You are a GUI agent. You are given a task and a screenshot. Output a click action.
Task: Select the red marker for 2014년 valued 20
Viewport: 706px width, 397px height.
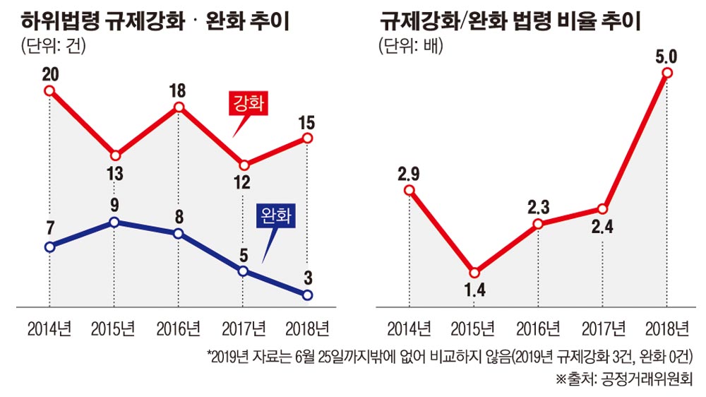pyautogui.click(x=49, y=90)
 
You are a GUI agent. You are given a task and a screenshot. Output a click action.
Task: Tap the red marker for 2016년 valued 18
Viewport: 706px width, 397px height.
pyautogui.click(x=179, y=107)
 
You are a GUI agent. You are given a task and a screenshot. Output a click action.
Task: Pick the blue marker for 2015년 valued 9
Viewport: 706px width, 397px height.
pyautogui.click(x=114, y=223)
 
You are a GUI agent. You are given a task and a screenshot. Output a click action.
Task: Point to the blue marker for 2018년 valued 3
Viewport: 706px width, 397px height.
pyautogui.click(x=307, y=295)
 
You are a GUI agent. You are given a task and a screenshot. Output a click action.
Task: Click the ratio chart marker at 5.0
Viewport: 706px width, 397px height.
pyautogui.click(x=666, y=73)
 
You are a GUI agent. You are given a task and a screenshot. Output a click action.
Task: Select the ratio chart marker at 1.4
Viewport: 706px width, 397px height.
pyautogui.click(x=474, y=273)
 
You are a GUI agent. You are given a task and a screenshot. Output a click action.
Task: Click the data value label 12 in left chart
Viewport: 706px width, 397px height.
pyautogui.click(x=242, y=182)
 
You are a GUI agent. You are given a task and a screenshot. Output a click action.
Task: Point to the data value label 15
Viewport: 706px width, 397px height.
pyautogui.click(x=307, y=122)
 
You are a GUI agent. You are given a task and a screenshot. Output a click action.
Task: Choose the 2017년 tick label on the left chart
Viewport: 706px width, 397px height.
pyautogui.click(x=242, y=328)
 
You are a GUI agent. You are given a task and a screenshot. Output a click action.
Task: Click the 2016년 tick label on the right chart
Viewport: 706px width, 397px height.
pyautogui.click(x=538, y=328)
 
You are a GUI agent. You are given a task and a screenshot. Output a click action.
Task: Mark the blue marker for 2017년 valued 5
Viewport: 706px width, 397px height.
pyautogui.click(x=243, y=271)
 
